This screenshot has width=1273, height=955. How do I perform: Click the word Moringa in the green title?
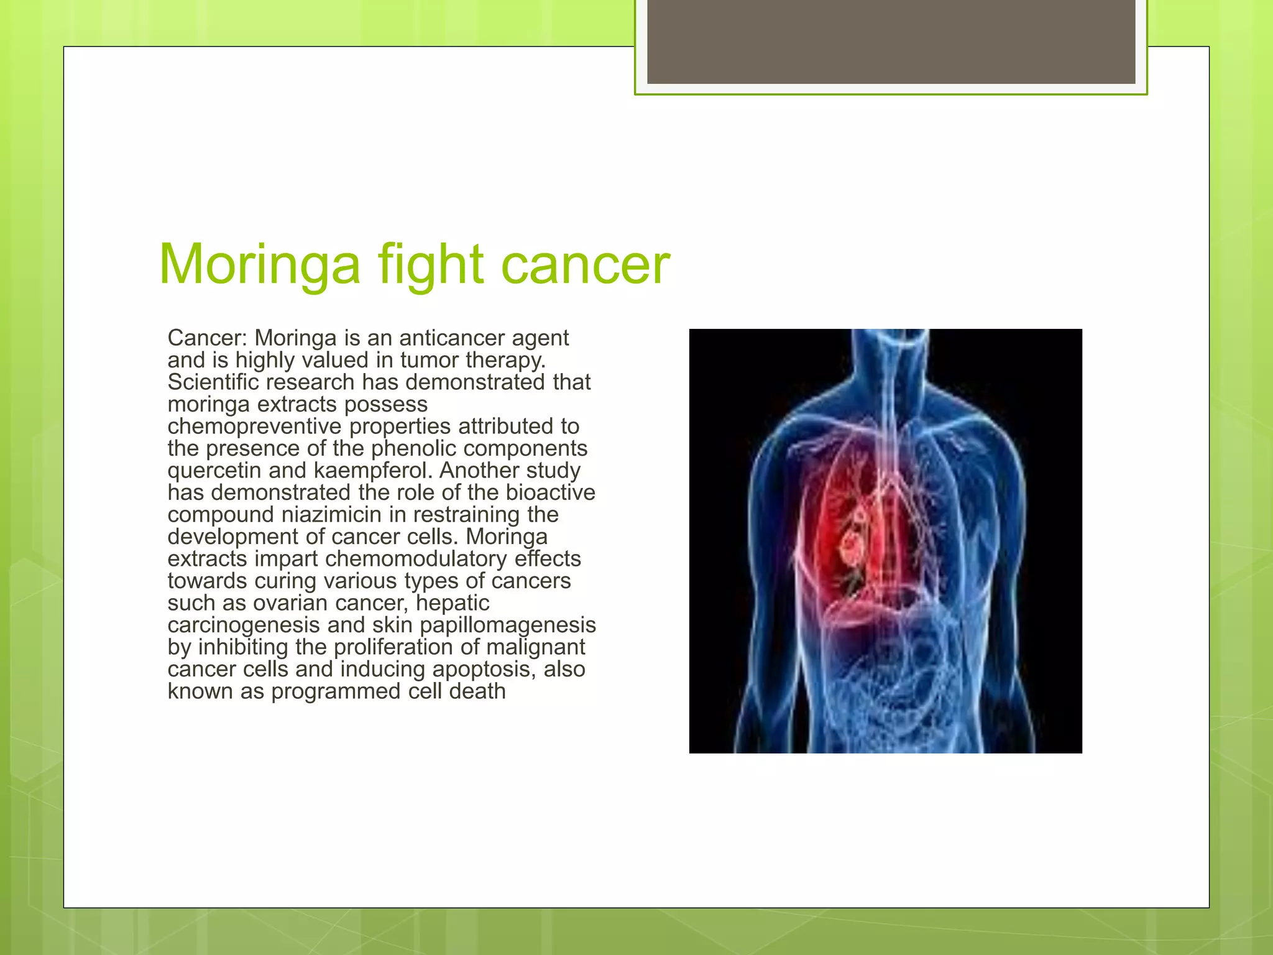260,264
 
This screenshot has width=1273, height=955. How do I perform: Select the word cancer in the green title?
586,265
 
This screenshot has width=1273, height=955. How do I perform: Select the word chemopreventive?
254,427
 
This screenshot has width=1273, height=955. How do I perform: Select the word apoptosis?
484,669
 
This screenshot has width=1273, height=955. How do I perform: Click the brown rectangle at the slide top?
891,42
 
